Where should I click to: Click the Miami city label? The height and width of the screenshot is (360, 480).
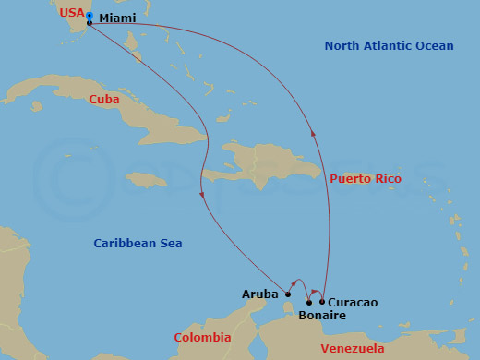(x=117, y=18)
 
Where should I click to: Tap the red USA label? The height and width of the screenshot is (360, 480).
(x=71, y=13)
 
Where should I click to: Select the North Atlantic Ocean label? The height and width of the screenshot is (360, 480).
(x=389, y=46)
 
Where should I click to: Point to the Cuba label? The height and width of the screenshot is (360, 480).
(x=104, y=98)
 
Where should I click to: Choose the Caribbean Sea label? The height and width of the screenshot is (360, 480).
(x=138, y=243)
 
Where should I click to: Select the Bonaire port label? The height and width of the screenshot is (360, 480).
(x=322, y=316)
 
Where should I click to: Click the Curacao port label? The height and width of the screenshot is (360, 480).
(x=353, y=302)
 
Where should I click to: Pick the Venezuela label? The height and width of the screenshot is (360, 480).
(x=353, y=348)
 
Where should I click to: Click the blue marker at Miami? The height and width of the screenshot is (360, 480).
(x=89, y=16)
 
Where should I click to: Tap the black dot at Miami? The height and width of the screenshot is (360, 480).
(x=89, y=23)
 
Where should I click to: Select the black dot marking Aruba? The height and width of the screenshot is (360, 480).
(x=288, y=294)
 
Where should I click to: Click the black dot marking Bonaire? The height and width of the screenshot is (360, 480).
(x=309, y=302)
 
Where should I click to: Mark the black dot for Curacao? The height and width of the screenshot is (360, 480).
(x=322, y=301)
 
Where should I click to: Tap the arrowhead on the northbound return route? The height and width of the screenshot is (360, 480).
(x=315, y=133)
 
